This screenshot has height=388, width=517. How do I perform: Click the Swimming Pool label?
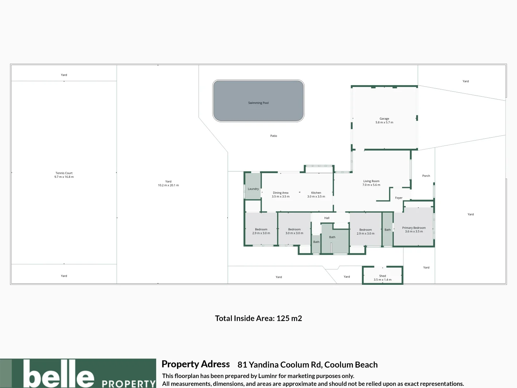point(258,103)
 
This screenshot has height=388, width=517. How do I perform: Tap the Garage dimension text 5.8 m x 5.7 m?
point(384,123)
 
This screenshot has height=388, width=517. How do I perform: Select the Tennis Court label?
point(64,173)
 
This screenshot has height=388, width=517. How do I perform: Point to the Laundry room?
point(253,189)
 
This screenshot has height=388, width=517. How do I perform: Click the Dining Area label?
point(280,193)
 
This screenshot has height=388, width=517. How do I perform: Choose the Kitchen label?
point(316,193)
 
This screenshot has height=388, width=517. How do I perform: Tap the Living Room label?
point(371,181)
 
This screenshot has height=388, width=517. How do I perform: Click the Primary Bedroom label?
point(414,228)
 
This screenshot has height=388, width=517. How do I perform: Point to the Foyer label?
point(399,198)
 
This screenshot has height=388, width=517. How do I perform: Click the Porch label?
point(426,176)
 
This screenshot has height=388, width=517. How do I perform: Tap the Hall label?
point(327,218)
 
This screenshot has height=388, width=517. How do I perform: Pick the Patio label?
point(274,136)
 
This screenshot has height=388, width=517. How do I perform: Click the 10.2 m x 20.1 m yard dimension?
point(168,185)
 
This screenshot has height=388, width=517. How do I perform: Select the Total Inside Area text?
point(258,318)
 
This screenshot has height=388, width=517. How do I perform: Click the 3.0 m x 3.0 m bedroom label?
point(294,233)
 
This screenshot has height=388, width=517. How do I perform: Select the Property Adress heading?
point(195,364)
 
